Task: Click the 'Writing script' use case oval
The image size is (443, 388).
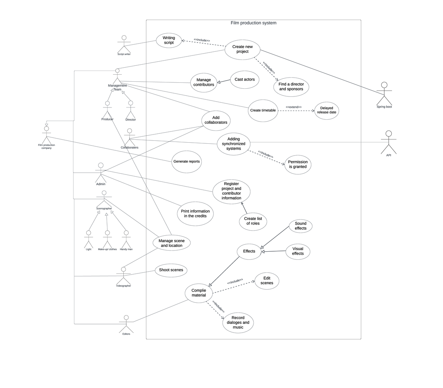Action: (x=169, y=40)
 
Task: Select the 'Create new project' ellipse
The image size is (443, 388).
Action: (x=243, y=49)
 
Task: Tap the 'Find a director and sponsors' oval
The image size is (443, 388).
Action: (x=291, y=87)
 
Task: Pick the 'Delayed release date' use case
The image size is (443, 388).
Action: (x=326, y=110)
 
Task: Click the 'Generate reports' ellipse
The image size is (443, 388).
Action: (x=186, y=161)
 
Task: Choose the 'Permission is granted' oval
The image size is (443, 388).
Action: (x=298, y=164)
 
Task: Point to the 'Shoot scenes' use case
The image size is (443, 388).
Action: (x=171, y=270)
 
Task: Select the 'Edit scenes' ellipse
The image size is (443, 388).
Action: (x=267, y=281)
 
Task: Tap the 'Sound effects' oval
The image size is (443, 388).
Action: (x=301, y=226)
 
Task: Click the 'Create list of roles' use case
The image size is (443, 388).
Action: (x=253, y=221)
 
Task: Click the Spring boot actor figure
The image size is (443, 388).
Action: (x=384, y=93)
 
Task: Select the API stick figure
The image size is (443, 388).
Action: (x=388, y=142)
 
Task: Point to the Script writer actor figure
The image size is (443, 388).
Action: (x=124, y=44)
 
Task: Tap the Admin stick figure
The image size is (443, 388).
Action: (x=100, y=171)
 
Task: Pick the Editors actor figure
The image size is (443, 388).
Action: (x=126, y=323)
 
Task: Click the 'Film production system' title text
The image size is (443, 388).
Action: (x=253, y=23)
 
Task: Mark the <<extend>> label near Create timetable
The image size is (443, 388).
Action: (x=293, y=107)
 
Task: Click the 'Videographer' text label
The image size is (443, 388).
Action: (x=124, y=286)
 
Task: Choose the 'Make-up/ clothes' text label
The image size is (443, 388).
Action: (x=107, y=249)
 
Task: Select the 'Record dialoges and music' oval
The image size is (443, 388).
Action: (x=238, y=322)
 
